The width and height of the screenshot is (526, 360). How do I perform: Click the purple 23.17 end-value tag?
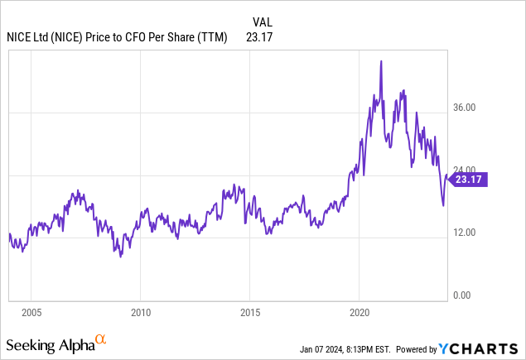pyautogui.click(x=468, y=179)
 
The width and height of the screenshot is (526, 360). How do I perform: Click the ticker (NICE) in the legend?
pyautogui.click(x=70, y=37)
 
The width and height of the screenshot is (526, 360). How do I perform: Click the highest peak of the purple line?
pyautogui.click(x=380, y=61)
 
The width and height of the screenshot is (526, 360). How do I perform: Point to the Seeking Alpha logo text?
pyautogui.click(x=50, y=343)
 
